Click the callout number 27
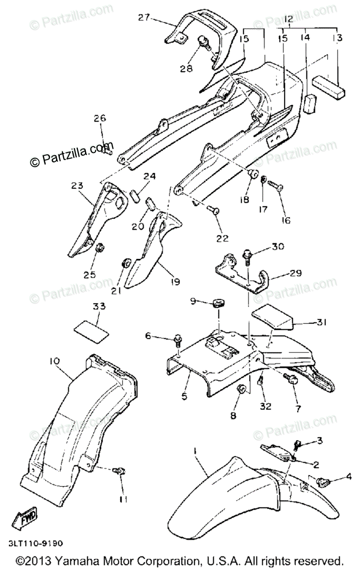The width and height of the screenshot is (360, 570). coord(144,18)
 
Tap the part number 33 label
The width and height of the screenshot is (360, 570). coord(99,306)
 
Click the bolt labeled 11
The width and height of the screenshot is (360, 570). coord(118,471)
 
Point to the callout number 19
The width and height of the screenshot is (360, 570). coord(175,282)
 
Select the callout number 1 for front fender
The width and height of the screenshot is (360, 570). coord(194,449)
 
